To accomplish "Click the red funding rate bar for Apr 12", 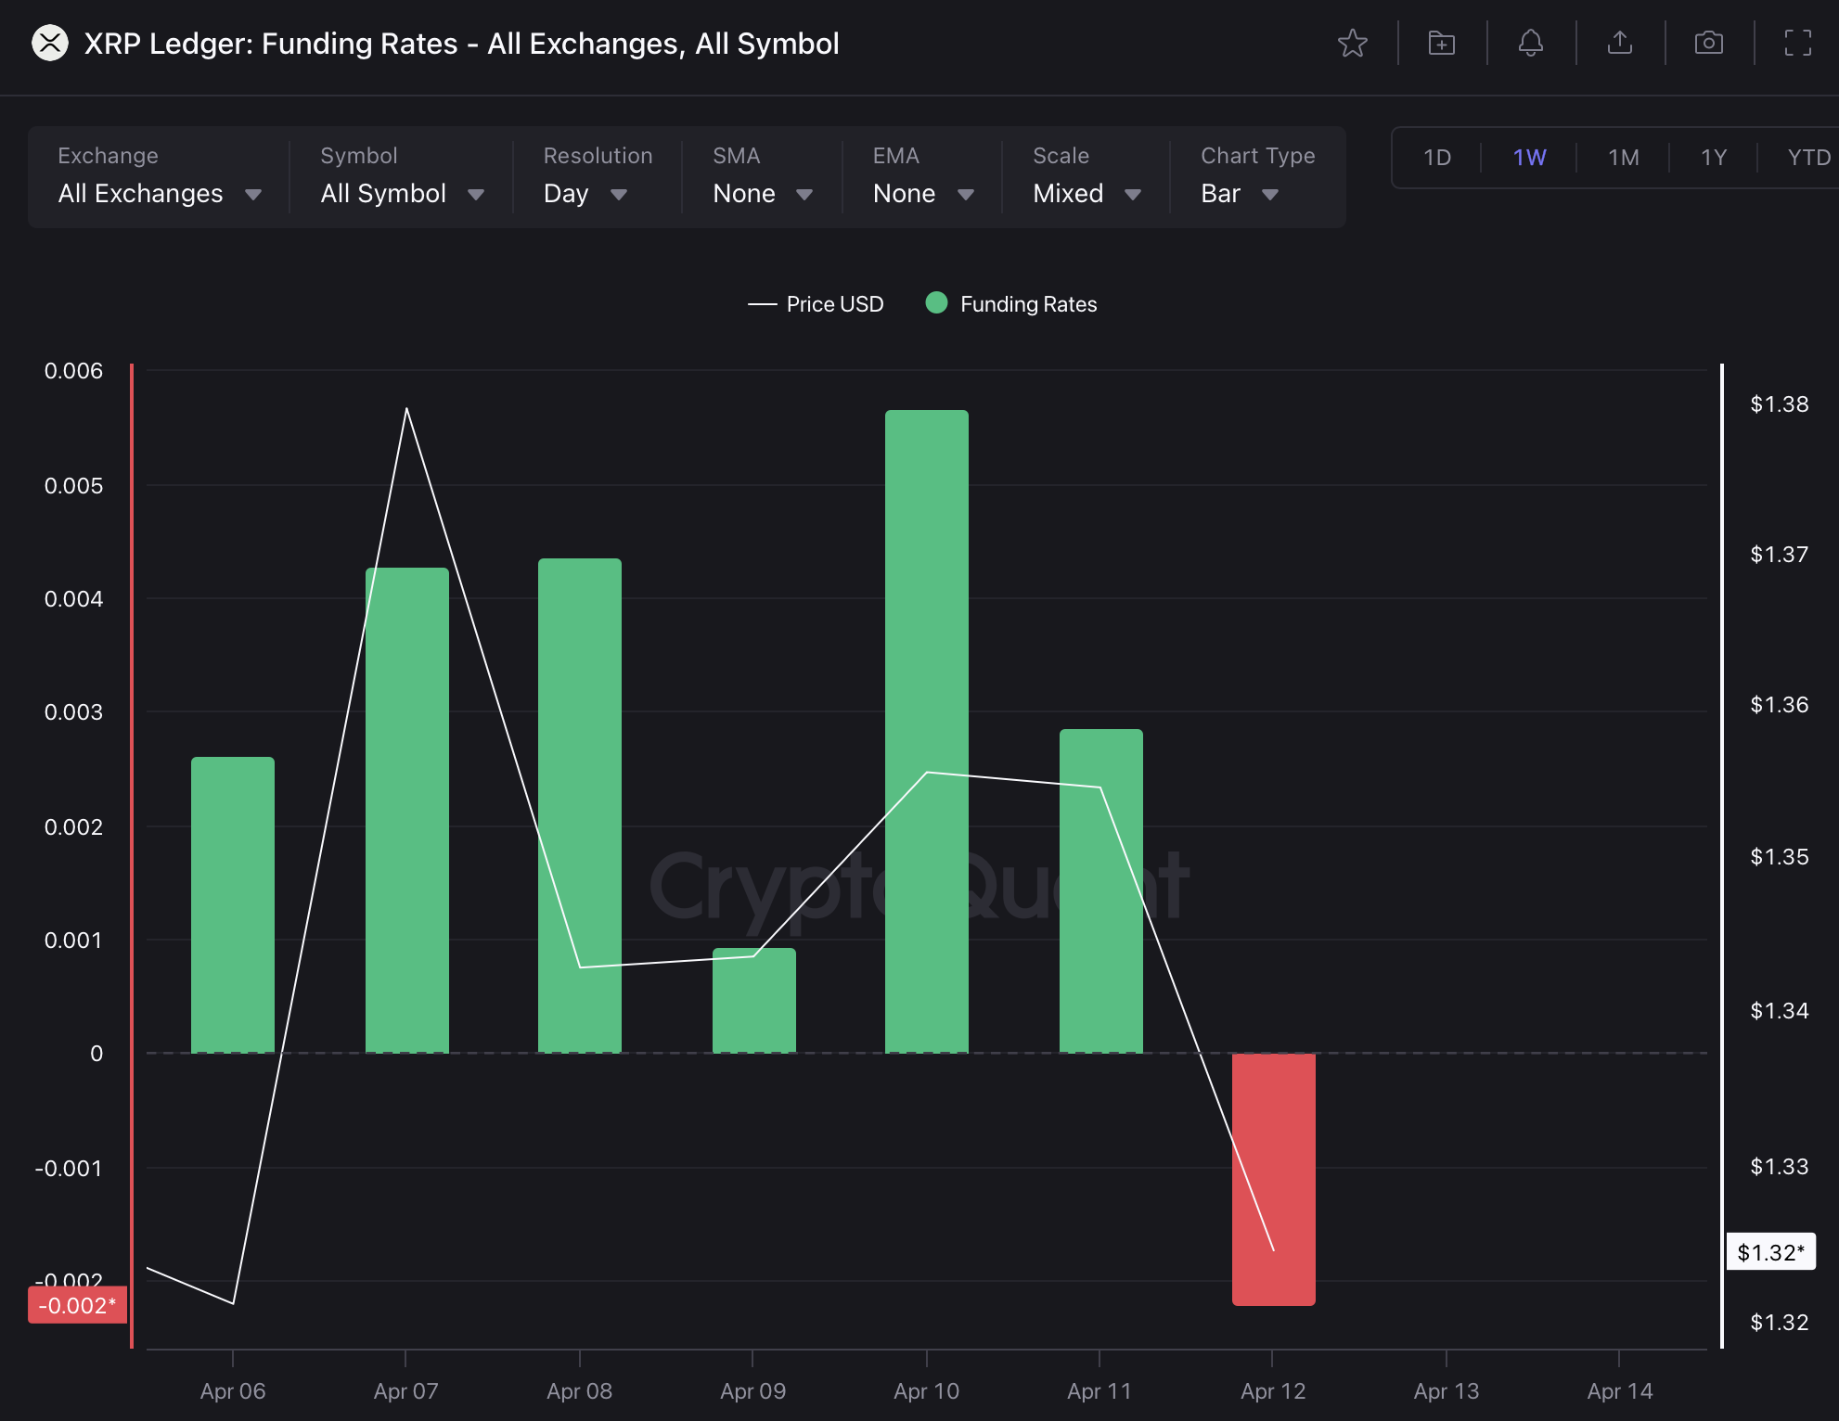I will coord(1273,1178).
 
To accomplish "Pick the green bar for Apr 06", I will coord(232,904).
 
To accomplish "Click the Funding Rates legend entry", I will coord(1011,304).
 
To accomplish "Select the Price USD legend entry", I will coord(817,304).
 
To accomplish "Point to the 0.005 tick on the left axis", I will coord(73,486).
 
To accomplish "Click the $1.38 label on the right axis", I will coord(1779,404).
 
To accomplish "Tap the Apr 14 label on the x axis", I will coord(1619,1390).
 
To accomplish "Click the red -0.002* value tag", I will coord(77,1305).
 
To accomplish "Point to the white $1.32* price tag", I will coord(1769,1252).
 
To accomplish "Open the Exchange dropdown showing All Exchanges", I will coord(159,193).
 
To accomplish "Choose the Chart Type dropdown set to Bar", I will coord(1239,193).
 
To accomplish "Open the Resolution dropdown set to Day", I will coord(585,193).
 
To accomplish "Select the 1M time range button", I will coord(1623,158).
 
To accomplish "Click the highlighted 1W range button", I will coord(1529,158).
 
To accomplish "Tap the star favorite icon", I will coord(1353,44).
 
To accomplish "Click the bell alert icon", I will coord(1531,44).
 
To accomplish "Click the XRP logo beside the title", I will coord(50,44).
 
